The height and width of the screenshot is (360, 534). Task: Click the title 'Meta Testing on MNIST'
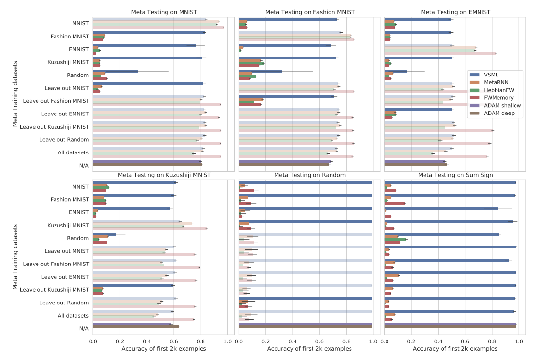pos(164,12)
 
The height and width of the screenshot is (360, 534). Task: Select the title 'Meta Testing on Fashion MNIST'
pos(310,12)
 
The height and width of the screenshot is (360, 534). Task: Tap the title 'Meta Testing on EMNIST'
pos(455,12)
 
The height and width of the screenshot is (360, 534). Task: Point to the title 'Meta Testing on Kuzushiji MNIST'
pos(164,175)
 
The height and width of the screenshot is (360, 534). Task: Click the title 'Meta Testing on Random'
pos(310,175)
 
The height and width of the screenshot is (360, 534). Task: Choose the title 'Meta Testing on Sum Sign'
pos(455,175)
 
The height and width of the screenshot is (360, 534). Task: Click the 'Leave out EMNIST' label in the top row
pos(66,114)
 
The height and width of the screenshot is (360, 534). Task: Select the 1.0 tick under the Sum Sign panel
pos(518,341)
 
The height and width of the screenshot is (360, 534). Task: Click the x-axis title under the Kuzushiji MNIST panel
pos(164,349)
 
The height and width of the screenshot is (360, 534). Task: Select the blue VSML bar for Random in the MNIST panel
pos(115,71)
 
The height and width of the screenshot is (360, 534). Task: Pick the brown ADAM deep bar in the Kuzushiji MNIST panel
pos(136,327)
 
